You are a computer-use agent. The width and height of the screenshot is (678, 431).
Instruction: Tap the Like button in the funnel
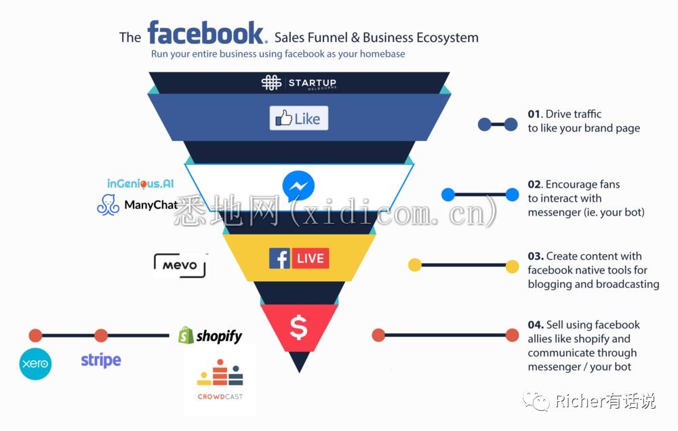click(x=299, y=118)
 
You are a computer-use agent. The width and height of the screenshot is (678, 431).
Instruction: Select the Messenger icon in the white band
click(x=298, y=186)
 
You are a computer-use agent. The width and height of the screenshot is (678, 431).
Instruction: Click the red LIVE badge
click(x=311, y=258)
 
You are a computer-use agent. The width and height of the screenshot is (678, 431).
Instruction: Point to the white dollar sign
click(x=299, y=327)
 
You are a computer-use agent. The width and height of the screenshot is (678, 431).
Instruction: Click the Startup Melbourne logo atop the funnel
click(x=299, y=83)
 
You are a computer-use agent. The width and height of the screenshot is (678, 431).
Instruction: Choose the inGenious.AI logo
click(x=140, y=184)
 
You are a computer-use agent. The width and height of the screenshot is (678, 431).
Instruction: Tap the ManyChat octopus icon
click(x=108, y=205)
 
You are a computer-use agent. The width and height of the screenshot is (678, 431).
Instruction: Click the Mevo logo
click(x=180, y=264)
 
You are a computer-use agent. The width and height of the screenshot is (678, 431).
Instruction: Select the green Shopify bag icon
click(x=186, y=335)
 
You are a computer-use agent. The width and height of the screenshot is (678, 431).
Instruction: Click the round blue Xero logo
click(x=35, y=363)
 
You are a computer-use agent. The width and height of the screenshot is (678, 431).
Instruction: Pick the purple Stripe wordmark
click(x=101, y=360)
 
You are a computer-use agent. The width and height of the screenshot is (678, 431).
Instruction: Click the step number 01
click(x=534, y=114)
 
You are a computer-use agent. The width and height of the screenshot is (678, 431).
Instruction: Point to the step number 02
click(x=534, y=184)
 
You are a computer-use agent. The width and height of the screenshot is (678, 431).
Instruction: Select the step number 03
click(x=535, y=256)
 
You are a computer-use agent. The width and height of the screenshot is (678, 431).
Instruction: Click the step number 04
click(x=535, y=325)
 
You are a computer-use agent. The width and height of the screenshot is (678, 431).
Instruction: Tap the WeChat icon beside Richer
click(x=536, y=401)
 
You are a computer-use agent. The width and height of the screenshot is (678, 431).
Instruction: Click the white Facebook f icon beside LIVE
click(x=280, y=258)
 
